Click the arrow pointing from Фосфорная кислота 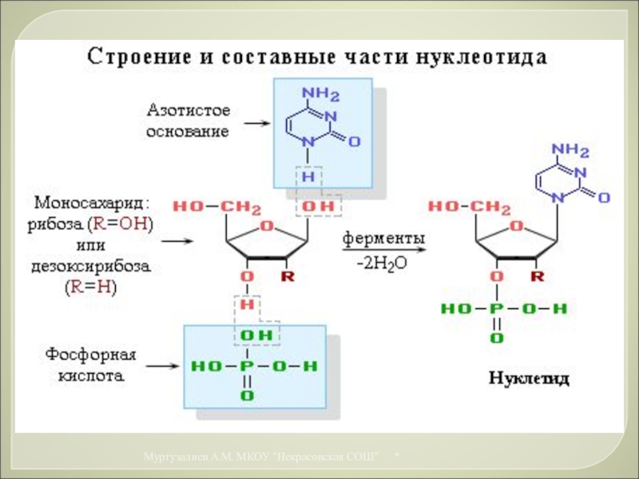[162, 366]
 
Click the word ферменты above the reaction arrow [384, 239]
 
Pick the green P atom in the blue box [248, 366]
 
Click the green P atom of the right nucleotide [497, 308]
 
